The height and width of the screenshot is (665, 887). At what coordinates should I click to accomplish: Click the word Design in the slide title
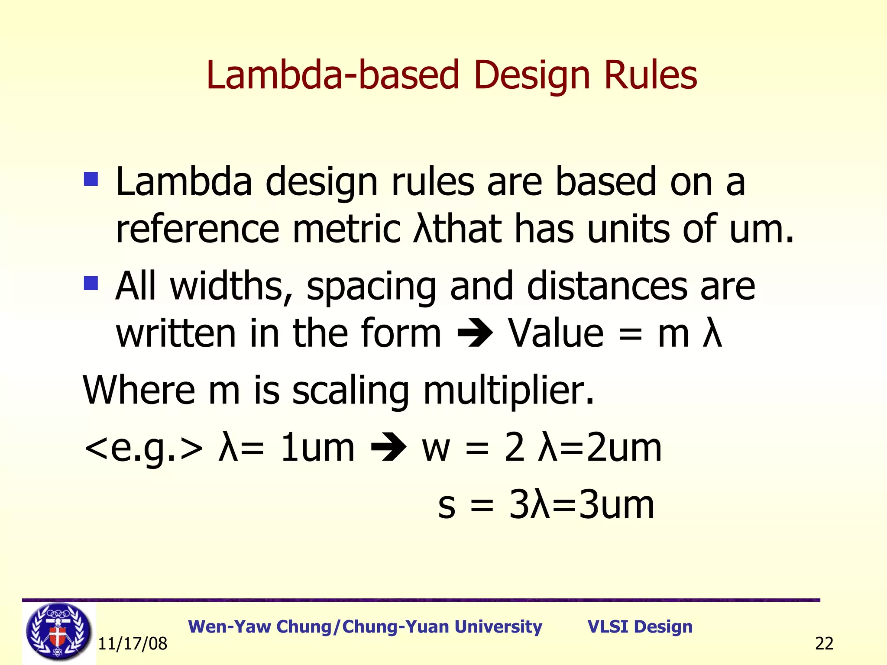[532, 75]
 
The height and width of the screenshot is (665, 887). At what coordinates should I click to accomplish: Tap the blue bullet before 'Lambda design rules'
[91, 178]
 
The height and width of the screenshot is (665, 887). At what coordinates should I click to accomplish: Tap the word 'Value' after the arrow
[556, 334]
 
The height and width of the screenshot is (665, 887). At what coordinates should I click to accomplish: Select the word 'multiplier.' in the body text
[508, 391]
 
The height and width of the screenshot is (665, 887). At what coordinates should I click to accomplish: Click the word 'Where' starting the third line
[139, 391]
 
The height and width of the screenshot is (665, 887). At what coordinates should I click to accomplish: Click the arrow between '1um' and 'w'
[388, 448]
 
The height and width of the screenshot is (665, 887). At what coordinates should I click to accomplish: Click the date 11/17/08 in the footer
[133, 644]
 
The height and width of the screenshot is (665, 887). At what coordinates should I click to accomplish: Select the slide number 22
[824, 644]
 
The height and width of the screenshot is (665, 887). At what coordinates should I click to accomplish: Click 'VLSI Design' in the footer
[640, 626]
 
